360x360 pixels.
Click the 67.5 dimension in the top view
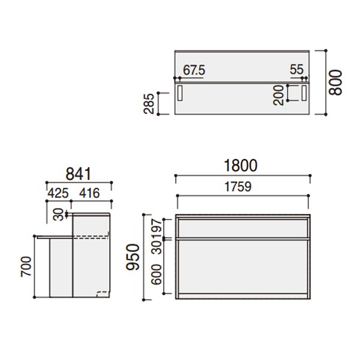tap(194, 70)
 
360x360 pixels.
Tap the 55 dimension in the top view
tap(296, 70)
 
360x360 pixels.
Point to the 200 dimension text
tap(278, 95)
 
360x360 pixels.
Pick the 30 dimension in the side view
tap(58, 214)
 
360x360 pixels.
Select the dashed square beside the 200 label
tap(293, 93)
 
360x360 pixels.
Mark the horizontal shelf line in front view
tap(242, 239)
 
